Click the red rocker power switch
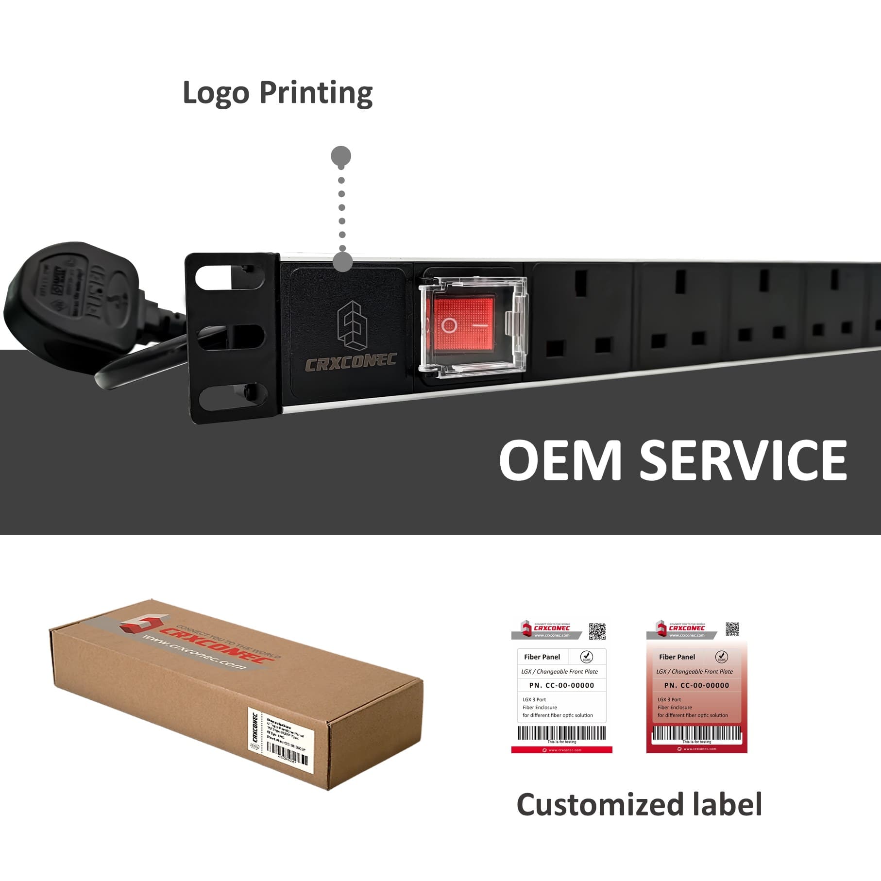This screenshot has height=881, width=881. tap(463, 323)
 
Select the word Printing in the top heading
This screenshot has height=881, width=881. tap(316, 93)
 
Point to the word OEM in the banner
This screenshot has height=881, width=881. tap(560, 459)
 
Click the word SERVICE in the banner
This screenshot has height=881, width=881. tap(743, 459)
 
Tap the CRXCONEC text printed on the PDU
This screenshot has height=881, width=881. tap(350, 362)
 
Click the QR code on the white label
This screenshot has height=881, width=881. tap(597, 631)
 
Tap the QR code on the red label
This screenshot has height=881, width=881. tap(732, 629)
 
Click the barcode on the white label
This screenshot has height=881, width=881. tap(561, 732)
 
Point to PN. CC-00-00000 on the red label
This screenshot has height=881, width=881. tap(696, 685)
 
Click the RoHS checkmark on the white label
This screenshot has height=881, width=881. tap(587, 657)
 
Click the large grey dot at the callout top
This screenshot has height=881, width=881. tap(341, 156)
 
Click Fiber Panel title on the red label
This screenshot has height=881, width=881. tap(677, 657)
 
